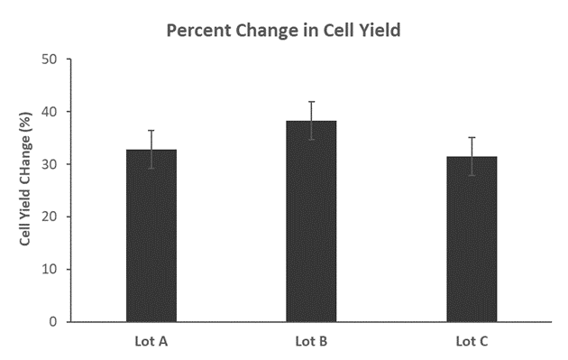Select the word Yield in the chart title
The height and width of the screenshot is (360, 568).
(377, 30)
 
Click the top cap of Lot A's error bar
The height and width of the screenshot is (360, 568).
(151, 131)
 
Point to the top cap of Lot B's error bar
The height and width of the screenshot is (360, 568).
(311, 102)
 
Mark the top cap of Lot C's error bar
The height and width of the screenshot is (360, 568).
(472, 137)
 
